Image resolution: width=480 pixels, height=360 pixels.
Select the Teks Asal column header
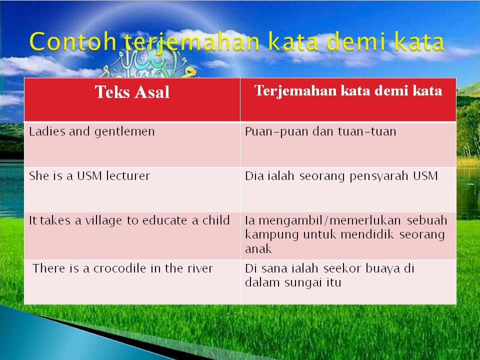(132, 92)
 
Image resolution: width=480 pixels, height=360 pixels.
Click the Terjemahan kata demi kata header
(348, 91)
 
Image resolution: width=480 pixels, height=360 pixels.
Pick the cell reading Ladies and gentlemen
(92, 131)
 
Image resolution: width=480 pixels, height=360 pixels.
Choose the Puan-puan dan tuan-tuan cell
(320, 131)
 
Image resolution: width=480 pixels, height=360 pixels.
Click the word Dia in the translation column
(252, 176)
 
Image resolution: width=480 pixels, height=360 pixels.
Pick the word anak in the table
(258, 249)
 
